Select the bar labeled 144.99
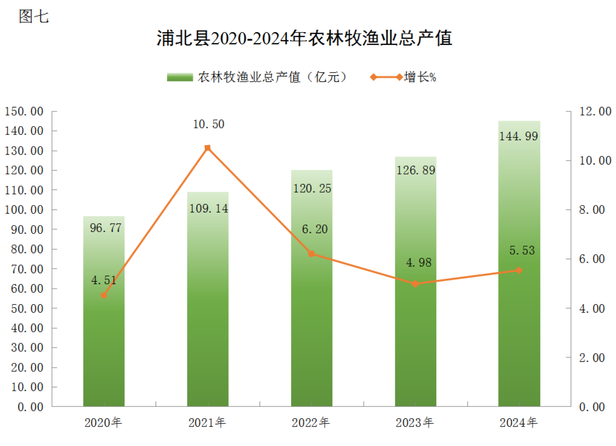(519, 272)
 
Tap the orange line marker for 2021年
(207, 148)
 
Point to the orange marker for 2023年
(415, 284)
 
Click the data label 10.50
(208, 124)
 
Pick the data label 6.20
(314, 229)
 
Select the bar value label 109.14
(208, 208)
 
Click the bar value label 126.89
(416, 170)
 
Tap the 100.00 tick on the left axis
(24, 210)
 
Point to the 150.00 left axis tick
(24, 111)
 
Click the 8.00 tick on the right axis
(592, 210)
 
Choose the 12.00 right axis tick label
(595, 111)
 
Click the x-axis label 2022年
(311, 423)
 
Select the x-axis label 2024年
(518, 423)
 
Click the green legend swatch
(180, 77)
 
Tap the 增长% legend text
(420, 77)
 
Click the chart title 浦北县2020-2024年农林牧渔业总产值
(304, 38)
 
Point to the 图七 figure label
(34, 16)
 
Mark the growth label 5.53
(522, 250)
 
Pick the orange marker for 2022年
(311, 254)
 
